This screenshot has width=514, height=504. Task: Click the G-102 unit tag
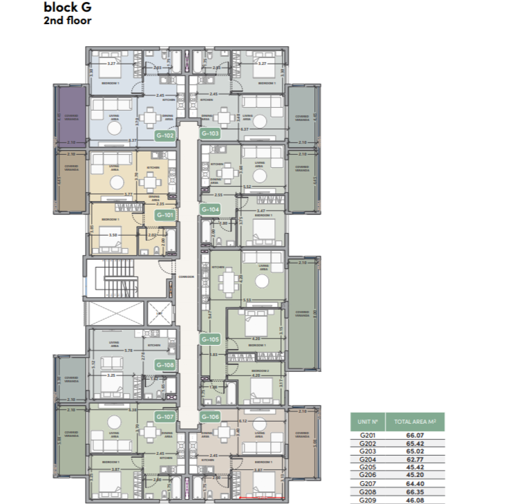(x=164, y=136)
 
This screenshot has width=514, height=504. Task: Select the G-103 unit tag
(x=210, y=133)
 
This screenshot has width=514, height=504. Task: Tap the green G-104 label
(x=210, y=209)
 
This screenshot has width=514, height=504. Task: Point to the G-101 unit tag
(x=164, y=215)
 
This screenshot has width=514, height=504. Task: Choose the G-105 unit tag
(x=210, y=339)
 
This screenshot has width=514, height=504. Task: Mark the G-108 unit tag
(x=164, y=365)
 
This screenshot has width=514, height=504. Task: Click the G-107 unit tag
(x=164, y=417)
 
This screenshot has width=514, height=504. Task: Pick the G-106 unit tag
(x=210, y=417)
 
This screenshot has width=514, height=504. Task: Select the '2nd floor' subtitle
(x=68, y=20)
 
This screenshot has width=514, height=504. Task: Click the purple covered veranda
(x=70, y=114)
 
